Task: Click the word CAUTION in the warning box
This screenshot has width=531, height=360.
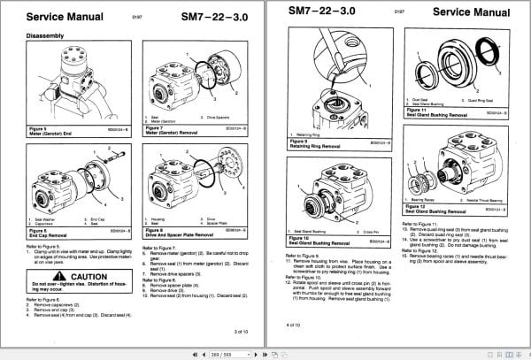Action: click(x=88, y=278)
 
